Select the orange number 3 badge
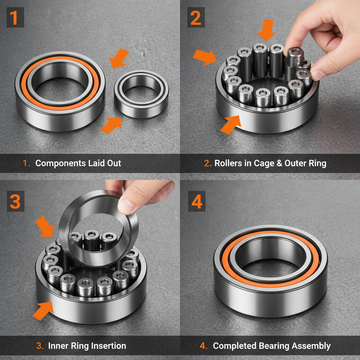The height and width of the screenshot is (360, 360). [x=14, y=202]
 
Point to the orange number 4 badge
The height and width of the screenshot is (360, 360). [x=196, y=202]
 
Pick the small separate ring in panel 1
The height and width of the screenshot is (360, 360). [x=141, y=94]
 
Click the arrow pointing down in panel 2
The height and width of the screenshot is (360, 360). [x=266, y=30]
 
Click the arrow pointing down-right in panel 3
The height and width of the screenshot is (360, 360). [x=46, y=226]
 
